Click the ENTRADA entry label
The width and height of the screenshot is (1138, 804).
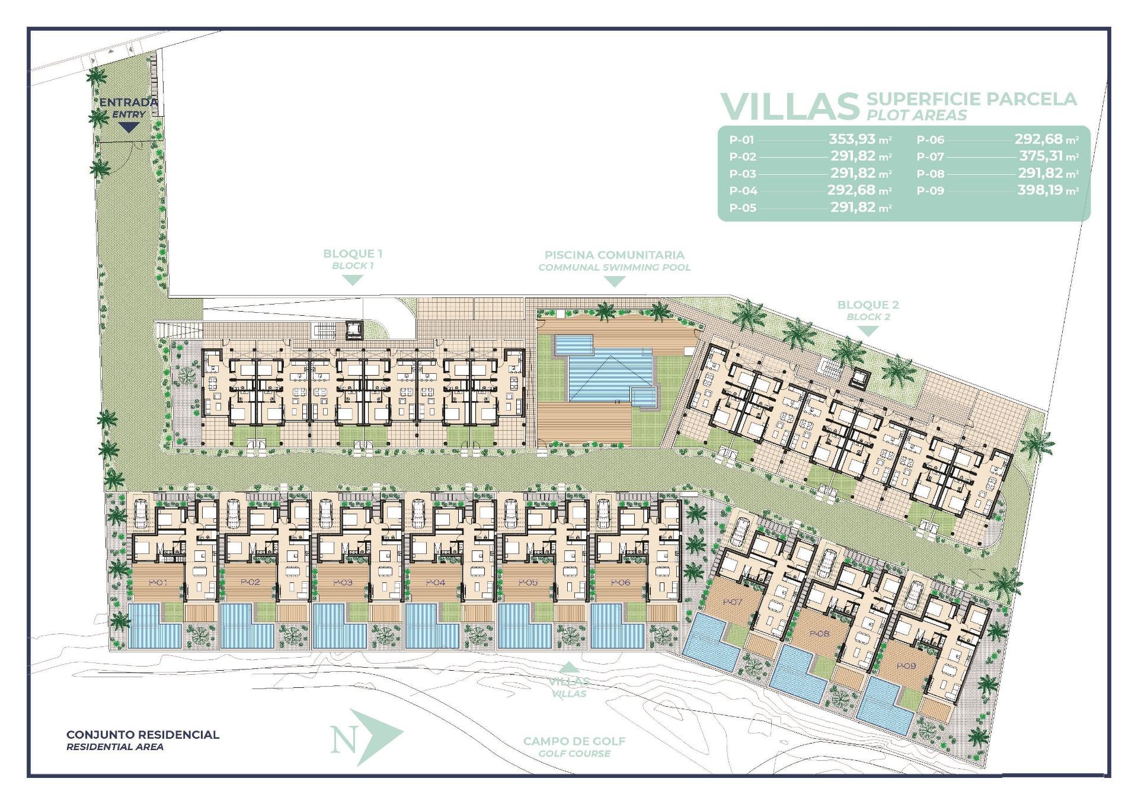point(128,102)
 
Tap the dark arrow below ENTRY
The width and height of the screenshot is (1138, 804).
point(129,127)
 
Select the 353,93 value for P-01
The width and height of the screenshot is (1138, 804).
point(852,139)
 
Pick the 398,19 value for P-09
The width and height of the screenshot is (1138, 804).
point(1040,190)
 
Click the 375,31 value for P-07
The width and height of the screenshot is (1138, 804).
point(1041,156)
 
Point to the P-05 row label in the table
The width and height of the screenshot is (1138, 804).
point(743,208)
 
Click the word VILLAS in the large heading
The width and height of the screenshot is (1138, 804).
point(789,106)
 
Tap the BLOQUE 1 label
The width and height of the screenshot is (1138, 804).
point(353,254)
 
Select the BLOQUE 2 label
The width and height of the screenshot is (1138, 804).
point(868,305)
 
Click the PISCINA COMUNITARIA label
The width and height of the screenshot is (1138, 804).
point(614,255)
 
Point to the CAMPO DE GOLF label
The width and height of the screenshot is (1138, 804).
point(574,741)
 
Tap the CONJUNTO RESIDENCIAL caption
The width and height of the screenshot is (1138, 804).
point(142,735)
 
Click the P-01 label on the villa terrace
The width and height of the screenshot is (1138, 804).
point(158,582)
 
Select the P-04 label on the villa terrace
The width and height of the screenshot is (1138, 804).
point(436,582)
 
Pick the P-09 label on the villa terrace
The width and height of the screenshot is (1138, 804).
point(906,666)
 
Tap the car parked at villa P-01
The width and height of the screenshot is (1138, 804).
point(141,512)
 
